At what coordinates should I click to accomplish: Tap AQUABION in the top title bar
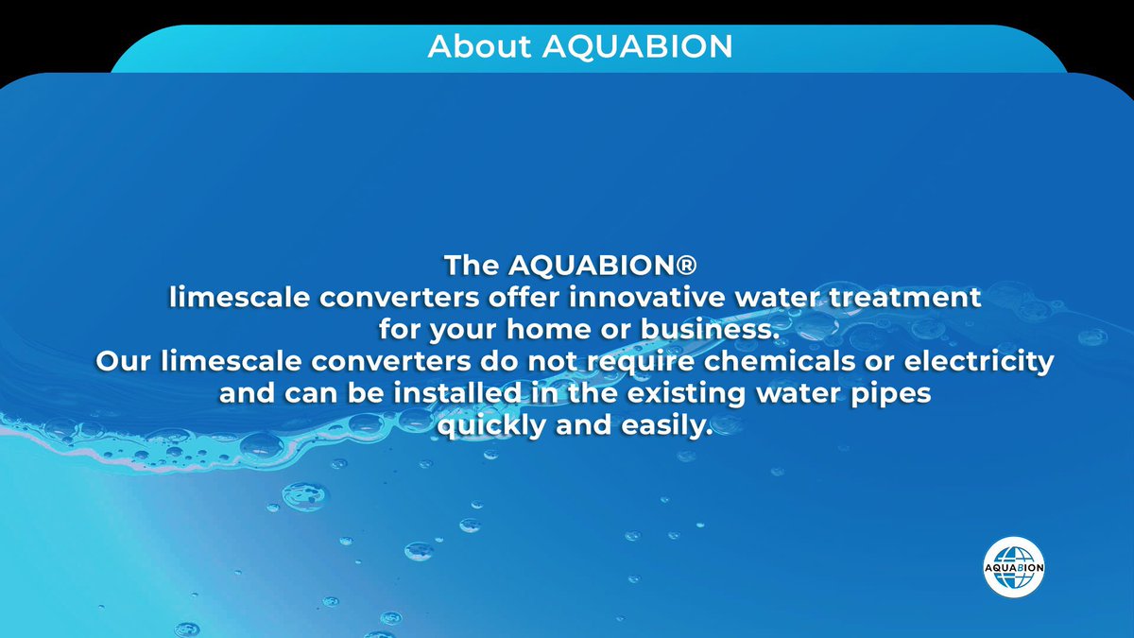tap(638, 46)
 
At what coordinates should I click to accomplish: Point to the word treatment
tap(895, 297)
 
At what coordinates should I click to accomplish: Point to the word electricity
tap(988, 362)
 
